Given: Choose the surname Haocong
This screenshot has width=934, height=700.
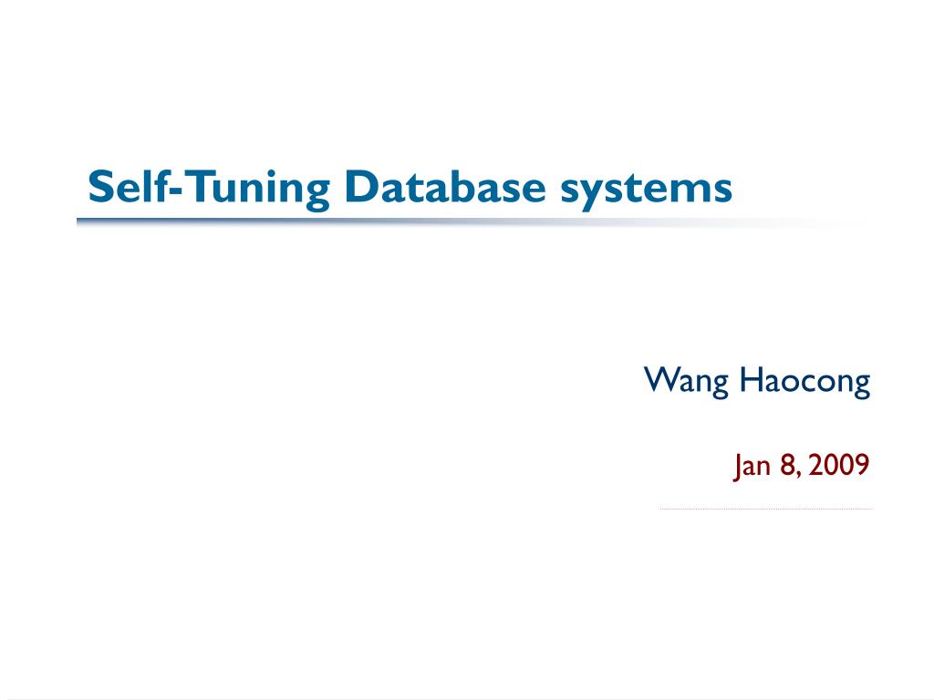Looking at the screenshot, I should [x=805, y=380].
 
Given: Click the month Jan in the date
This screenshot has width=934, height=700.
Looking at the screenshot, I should [x=752, y=467].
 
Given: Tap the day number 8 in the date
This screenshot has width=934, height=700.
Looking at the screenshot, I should [x=787, y=467].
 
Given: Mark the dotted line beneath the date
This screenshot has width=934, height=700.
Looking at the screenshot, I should [x=766, y=509].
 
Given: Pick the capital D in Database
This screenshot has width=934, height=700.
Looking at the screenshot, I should [x=359, y=188].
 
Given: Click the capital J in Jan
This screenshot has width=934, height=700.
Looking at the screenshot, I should [x=737, y=468].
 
